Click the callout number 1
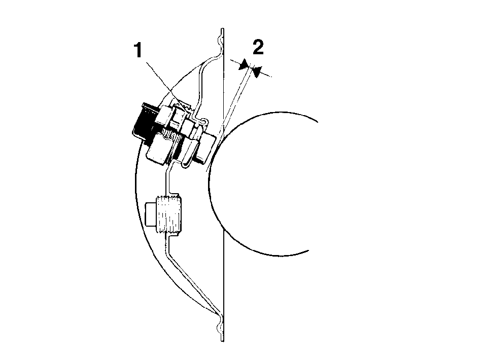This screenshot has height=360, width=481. (x=139, y=50)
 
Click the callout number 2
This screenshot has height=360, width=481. (x=258, y=47)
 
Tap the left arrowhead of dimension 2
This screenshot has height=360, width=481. (x=244, y=65)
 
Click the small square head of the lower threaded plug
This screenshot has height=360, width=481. (x=151, y=214)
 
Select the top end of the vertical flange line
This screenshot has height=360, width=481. (x=223, y=29)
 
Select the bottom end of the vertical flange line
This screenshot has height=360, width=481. (x=223, y=340)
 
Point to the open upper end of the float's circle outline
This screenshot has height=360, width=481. (x=317, y=121)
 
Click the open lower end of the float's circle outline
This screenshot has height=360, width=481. (x=307, y=250)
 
